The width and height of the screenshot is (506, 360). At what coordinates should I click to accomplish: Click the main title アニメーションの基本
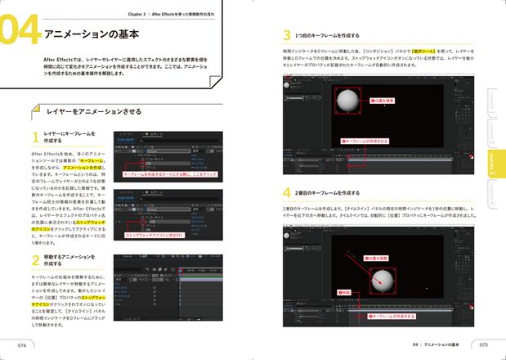point(90,35)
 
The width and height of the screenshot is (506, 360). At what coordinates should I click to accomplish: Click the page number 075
point(484,344)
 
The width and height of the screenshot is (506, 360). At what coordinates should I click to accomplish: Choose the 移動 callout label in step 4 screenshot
point(344,291)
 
